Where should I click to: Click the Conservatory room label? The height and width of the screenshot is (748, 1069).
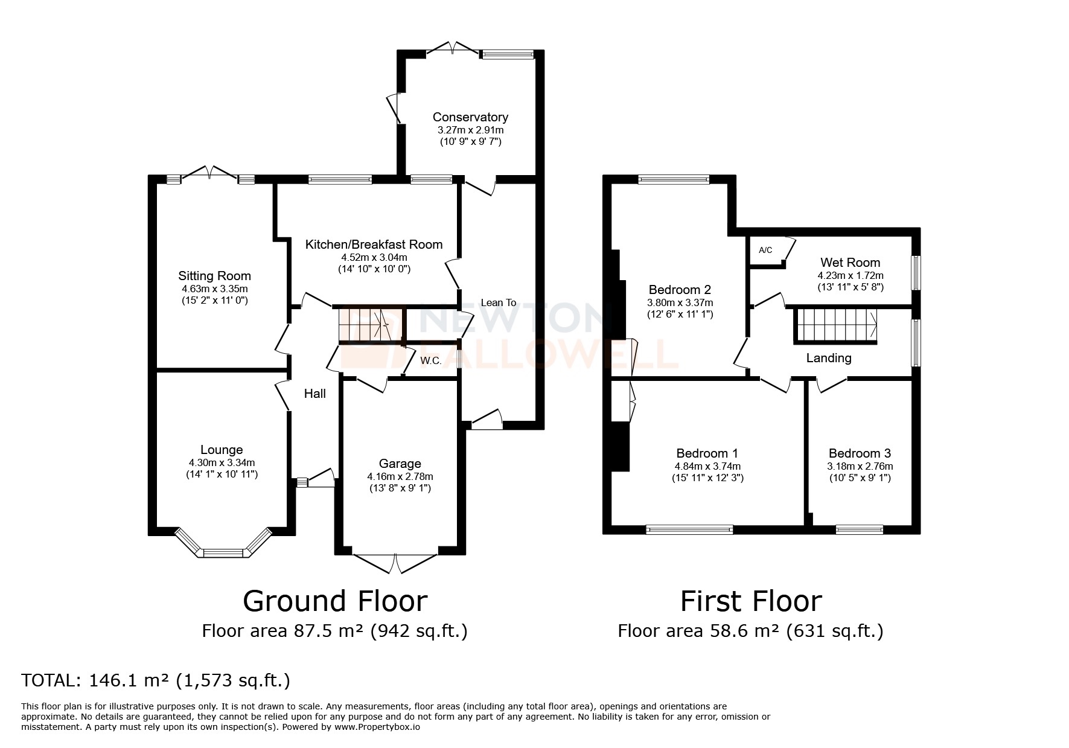click(x=470, y=117)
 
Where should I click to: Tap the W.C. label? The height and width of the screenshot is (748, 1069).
click(x=430, y=360)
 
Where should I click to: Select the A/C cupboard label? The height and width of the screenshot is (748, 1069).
click(x=765, y=250)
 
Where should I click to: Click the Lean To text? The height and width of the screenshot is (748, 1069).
click(x=498, y=302)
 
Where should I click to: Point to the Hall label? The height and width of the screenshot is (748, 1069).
click(x=314, y=394)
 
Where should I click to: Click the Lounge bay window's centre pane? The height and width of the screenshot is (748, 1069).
click(x=223, y=552)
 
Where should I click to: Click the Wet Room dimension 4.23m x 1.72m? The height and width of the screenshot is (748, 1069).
click(x=850, y=275)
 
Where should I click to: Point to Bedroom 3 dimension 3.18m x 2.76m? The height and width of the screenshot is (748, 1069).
click(x=860, y=466)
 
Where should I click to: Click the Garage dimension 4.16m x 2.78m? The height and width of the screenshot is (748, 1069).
click(x=400, y=476)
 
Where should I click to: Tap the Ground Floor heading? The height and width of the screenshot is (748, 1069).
click(x=335, y=601)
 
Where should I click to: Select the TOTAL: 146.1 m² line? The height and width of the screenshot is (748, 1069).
click(x=156, y=680)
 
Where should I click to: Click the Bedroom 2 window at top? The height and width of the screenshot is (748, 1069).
click(x=674, y=179)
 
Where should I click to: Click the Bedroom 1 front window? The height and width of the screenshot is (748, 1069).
click(x=689, y=529)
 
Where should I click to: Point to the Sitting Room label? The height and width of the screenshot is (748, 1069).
click(x=214, y=276)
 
